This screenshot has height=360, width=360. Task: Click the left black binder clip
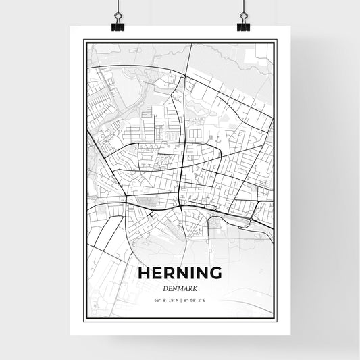(120, 25)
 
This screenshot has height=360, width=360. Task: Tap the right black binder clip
(243, 25)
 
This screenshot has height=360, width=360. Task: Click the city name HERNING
(180, 274)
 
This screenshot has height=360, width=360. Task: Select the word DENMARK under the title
(180, 288)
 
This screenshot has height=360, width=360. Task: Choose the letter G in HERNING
(215, 274)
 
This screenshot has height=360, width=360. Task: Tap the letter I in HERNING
(192, 274)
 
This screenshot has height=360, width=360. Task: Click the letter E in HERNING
(157, 274)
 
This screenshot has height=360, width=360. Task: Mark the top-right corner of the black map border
(276, 41)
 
